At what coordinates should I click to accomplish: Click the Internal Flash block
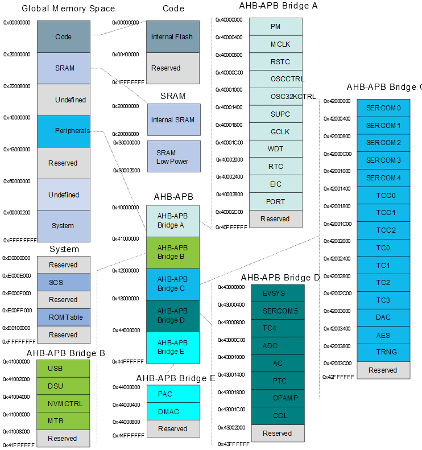click(x=173, y=37)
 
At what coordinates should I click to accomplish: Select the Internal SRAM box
click(x=173, y=120)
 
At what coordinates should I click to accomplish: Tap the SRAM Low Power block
click(x=173, y=156)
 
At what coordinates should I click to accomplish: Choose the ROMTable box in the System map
click(x=64, y=317)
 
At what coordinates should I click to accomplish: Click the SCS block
click(x=64, y=282)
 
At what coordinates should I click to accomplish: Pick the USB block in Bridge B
click(x=64, y=369)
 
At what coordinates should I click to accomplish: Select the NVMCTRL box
click(x=64, y=404)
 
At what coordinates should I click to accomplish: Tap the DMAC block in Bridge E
click(x=173, y=411)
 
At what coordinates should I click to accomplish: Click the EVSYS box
click(x=278, y=294)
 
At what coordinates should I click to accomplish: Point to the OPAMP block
click(x=278, y=398)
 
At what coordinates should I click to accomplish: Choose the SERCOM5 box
click(x=278, y=311)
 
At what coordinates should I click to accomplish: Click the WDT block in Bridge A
click(x=275, y=149)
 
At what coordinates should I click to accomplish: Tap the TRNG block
click(x=383, y=352)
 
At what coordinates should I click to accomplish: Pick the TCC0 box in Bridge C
click(x=383, y=195)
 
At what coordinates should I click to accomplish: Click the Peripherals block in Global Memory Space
click(x=64, y=131)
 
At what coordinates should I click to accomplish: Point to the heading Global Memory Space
click(x=68, y=9)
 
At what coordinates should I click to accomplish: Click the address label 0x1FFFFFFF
click(x=128, y=82)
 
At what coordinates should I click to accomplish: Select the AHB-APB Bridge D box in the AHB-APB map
click(x=172, y=316)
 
